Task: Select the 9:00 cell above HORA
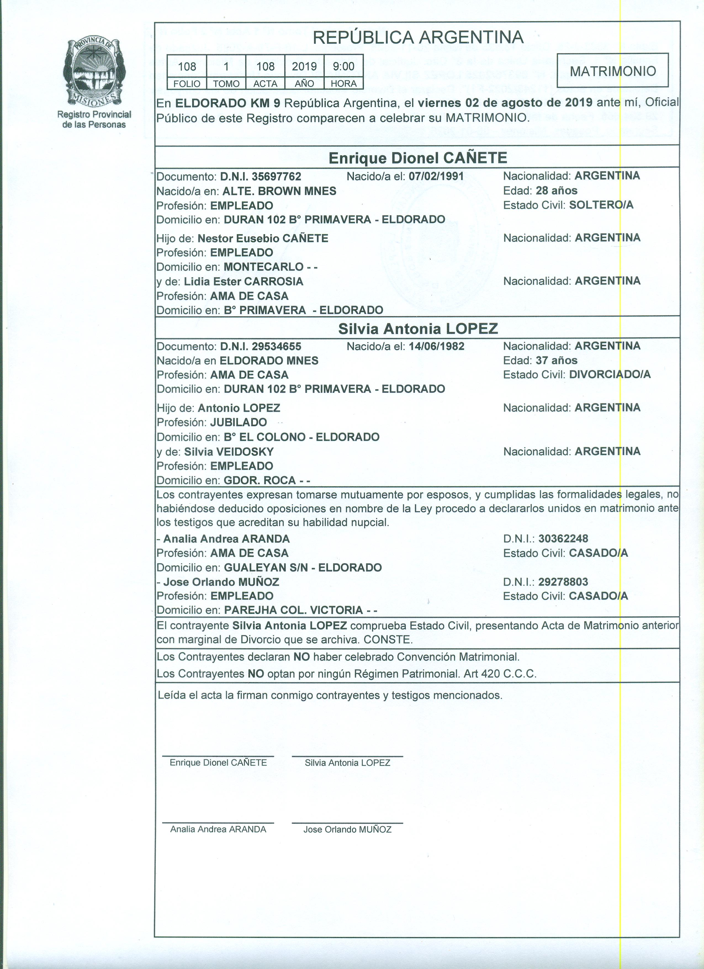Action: (x=343, y=66)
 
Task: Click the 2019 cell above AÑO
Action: (x=304, y=66)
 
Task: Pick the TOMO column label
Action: (x=226, y=84)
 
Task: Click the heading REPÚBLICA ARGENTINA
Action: (x=418, y=38)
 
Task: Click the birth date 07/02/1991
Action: (x=436, y=176)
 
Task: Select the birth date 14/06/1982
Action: (x=436, y=346)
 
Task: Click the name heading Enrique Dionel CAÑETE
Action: (x=417, y=158)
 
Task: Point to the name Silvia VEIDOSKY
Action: (x=229, y=452)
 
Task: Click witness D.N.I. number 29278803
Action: (x=563, y=582)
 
